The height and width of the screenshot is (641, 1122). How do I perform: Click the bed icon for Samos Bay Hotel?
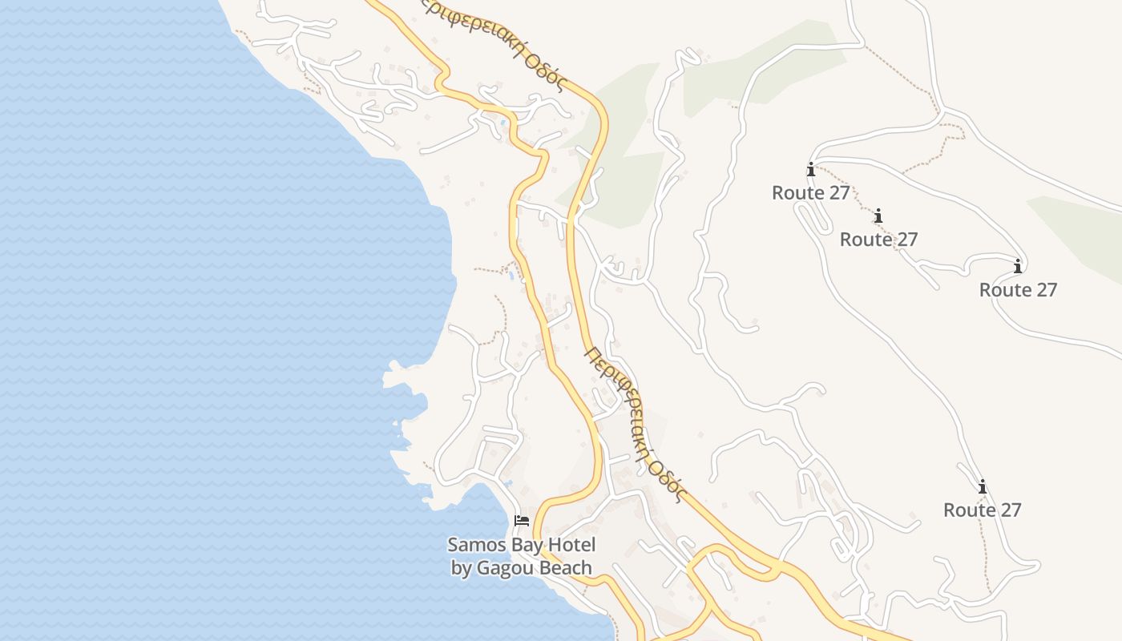click(x=522, y=521)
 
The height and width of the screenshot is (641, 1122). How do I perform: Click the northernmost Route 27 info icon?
click(x=811, y=170)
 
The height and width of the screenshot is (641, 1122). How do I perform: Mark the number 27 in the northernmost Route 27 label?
click(x=839, y=193)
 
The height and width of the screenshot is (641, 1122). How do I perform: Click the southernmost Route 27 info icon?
click(x=982, y=486)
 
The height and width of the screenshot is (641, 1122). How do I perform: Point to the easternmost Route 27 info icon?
click(x=1018, y=266)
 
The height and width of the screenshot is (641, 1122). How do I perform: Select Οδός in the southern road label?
click(x=668, y=478)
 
